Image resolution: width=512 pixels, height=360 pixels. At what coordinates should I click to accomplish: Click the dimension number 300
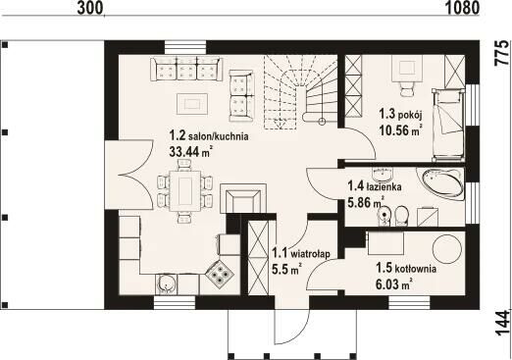(x=89, y=8)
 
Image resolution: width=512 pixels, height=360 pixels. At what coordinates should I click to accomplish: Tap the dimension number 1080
(x=462, y=8)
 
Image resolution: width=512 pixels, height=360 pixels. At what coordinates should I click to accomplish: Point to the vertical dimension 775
(x=501, y=54)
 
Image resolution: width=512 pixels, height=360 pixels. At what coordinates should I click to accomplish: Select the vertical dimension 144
(x=502, y=323)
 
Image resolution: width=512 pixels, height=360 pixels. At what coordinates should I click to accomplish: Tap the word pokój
(x=411, y=115)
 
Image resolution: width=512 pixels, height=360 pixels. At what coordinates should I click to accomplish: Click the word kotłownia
(x=415, y=269)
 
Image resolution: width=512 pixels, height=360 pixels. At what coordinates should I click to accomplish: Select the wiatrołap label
(x=310, y=253)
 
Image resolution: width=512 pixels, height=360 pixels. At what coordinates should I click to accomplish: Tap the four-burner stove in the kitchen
(x=219, y=274)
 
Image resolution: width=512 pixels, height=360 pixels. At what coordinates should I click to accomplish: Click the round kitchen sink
(x=167, y=283)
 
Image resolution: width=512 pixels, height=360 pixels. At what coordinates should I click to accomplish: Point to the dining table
(x=184, y=191)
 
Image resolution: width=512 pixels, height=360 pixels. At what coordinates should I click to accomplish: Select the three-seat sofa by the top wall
(x=186, y=70)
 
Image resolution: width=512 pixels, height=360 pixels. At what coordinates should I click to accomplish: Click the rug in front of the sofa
(x=192, y=104)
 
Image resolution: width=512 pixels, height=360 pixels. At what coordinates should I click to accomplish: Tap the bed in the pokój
(x=448, y=125)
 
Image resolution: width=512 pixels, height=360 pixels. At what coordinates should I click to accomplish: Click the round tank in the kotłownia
(x=447, y=249)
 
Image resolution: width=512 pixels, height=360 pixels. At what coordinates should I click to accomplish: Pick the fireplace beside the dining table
(x=243, y=198)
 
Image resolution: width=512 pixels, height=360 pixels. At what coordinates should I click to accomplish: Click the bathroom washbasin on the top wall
(x=383, y=174)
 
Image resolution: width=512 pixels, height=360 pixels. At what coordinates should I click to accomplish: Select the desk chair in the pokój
(x=407, y=88)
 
